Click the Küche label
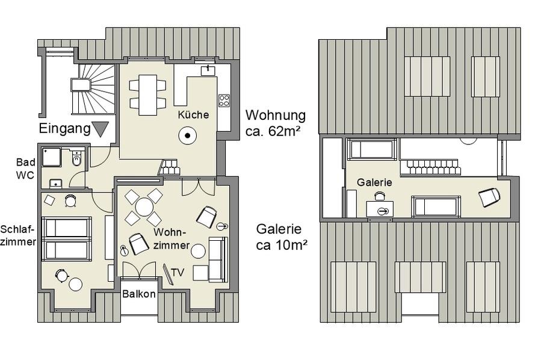tap(193, 114)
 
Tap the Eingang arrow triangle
tap(100, 129)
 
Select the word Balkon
tap(138, 294)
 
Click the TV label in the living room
tap(178, 273)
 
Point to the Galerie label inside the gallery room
tap(374, 182)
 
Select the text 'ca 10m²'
tap(282, 245)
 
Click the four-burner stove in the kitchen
tap(224, 100)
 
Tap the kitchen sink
tap(208, 70)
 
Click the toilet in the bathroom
tap(76, 159)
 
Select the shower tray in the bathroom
tap(51, 157)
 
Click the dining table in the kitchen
tap(147, 95)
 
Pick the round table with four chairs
tap(144, 207)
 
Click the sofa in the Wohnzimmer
tap(218, 259)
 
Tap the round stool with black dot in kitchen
tap(188, 135)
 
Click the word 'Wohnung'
tap(276, 115)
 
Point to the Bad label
tap(25, 162)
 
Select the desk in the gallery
tap(380, 209)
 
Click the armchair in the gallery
tap(489, 197)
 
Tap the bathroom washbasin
tap(55, 184)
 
